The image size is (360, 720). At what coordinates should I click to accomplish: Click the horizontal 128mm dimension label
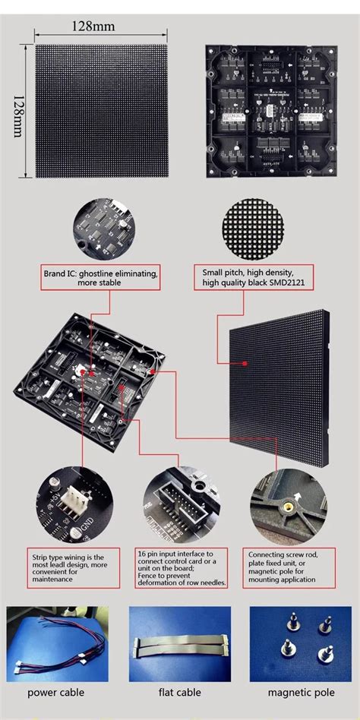tap(93, 26)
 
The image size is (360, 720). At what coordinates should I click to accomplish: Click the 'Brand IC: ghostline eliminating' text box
tap(100, 277)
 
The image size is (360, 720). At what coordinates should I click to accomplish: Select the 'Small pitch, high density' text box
tap(250, 277)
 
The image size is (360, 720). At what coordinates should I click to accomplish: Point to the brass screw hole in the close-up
tap(289, 504)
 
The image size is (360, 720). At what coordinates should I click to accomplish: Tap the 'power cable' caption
tap(56, 692)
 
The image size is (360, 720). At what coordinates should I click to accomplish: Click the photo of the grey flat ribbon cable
tap(179, 645)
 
